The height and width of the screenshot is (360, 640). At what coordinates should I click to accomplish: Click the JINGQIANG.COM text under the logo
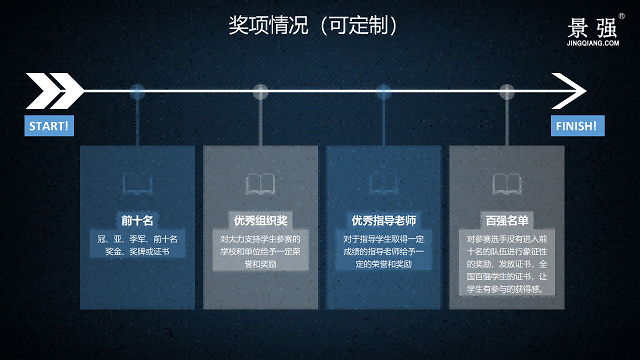(x=593, y=43)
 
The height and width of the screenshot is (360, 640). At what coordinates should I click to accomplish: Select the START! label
(x=48, y=127)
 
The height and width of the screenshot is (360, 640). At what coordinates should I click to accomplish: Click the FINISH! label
(x=576, y=127)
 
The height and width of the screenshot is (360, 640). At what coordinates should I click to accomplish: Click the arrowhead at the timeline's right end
(x=571, y=92)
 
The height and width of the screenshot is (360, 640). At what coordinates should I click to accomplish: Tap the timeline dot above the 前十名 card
(x=138, y=92)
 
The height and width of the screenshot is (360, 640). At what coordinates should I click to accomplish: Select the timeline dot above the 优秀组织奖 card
(x=261, y=92)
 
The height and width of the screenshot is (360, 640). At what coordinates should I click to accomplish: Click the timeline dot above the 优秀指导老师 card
(x=383, y=92)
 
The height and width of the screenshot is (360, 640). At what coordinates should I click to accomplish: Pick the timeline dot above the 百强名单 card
(x=506, y=92)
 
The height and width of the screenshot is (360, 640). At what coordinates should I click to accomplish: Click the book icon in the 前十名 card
(x=138, y=184)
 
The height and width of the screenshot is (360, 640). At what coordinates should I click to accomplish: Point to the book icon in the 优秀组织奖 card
(x=261, y=184)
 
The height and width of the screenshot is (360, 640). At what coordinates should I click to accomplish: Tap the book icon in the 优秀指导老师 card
(x=383, y=184)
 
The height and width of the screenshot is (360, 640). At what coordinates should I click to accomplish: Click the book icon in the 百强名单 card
(x=506, y=184)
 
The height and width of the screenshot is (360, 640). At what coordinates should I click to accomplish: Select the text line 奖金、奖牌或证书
(x=138, y=252)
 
